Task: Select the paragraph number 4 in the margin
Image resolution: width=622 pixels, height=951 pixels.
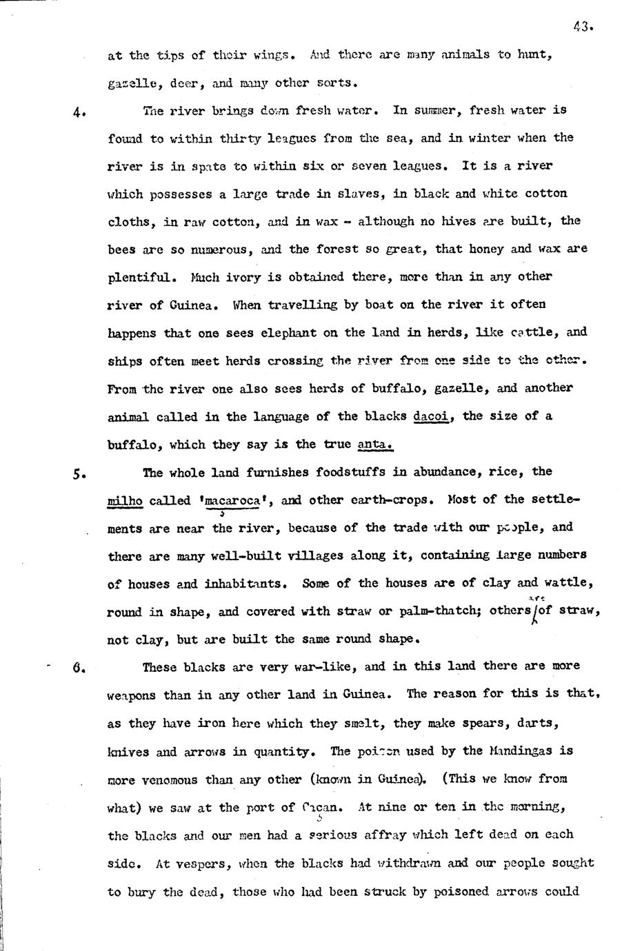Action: point(79,113)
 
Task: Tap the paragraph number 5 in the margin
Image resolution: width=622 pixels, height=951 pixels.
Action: point(79,474)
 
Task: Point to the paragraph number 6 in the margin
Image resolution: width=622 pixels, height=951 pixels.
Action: point(78,667)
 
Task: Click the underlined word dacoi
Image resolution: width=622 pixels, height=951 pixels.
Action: point(431,416)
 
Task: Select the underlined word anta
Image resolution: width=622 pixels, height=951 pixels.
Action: point(376,444)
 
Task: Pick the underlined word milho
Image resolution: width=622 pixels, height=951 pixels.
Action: point(125,500)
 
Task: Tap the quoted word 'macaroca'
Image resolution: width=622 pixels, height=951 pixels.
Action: point(232,500)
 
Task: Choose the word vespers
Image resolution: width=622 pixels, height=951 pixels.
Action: point(203,863)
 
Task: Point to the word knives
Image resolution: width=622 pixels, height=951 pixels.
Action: point(128,752)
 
